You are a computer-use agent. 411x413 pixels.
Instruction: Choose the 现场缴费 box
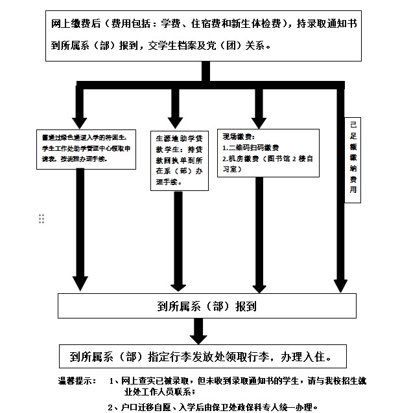tap(268, 152)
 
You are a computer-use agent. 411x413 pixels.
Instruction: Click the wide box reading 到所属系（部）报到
tap(206, 306)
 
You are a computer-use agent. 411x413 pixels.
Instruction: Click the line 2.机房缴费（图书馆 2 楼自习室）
tap(267, 163)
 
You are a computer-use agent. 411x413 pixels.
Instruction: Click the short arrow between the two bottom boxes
tap(200, 332)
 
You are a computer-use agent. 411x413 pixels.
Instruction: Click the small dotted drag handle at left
tap(41, 219)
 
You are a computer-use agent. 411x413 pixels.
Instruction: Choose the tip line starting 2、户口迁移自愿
tap(213, 407)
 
